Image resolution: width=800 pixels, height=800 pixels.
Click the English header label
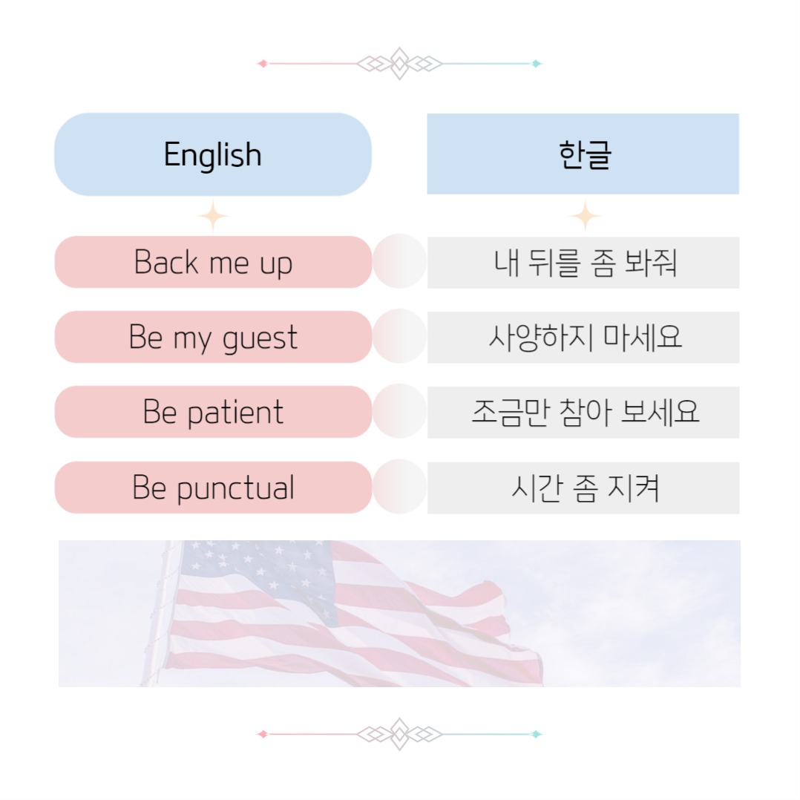(213, 155)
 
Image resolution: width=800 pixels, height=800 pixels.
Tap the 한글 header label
(585, 155)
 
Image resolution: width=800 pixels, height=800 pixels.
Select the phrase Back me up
(213, 263)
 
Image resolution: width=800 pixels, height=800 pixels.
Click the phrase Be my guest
(213, 338)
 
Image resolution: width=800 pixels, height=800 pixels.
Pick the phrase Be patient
(213, 413)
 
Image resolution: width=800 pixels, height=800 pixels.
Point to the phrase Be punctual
(213, 488)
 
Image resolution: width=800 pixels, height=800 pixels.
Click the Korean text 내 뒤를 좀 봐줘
(585, 263)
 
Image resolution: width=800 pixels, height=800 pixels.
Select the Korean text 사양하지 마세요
(585, 338)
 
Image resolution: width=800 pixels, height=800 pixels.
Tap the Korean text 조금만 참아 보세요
(585, 413)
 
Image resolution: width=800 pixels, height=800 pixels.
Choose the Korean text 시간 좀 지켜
(585, 488)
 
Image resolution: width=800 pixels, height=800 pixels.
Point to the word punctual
(236, 489)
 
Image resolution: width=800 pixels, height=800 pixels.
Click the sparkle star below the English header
(213, 217)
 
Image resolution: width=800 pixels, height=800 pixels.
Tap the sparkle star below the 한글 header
(585, 217)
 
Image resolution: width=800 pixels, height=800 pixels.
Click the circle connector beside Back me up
(399, 261)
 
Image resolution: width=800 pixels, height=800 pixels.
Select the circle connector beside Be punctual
(399, 487)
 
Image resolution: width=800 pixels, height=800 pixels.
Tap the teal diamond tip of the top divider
(536, 64)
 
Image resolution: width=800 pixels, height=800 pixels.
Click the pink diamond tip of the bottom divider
(262, 734)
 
